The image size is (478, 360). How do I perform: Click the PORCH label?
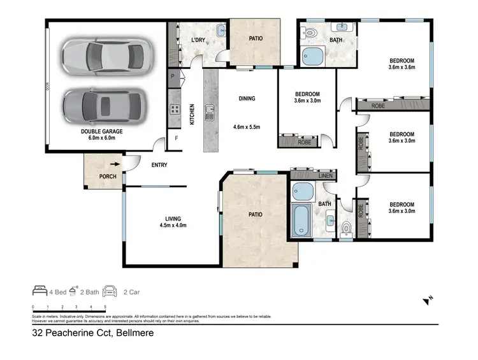click(x=107, y=176)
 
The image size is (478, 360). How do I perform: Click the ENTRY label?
click(x=159, y=165)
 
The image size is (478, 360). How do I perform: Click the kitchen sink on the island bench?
click(x=209, y=115)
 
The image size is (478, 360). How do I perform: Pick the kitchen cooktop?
click(x=173, y=109)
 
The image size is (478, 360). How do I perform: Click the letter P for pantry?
click(x=173, y=76)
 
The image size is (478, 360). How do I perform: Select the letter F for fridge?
click(x=177, y=138)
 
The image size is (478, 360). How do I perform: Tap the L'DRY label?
click(x=198, y=40)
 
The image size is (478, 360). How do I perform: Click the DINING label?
click(x=247, y=99)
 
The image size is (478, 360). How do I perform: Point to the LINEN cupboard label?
click(x=325, y=176)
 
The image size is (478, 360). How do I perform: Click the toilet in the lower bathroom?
click(x=346, y=227)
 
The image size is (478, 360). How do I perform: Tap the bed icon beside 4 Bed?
click(x=40, y=291)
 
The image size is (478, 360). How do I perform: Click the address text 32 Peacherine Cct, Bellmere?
click(x=93, y=332)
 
